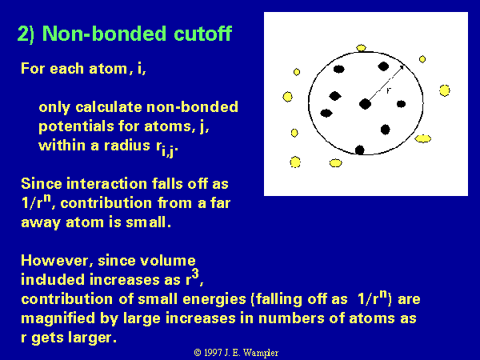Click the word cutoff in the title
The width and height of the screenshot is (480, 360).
coord(202,33)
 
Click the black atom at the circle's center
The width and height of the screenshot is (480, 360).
coord(365,104)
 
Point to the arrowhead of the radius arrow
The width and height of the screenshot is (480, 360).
coord(402,68)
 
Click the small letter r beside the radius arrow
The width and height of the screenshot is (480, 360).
coord(389,90)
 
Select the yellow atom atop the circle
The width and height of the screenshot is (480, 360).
coord(362,48)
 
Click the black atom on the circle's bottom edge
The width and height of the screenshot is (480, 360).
coord(360,150)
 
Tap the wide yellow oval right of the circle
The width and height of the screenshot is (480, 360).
coord(422,138)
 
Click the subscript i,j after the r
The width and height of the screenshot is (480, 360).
coord(169,150)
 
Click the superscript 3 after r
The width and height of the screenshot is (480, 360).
coord(195,274)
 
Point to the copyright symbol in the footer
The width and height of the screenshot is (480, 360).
coord(198,353)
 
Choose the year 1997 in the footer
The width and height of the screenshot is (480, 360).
coord(213,353)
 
